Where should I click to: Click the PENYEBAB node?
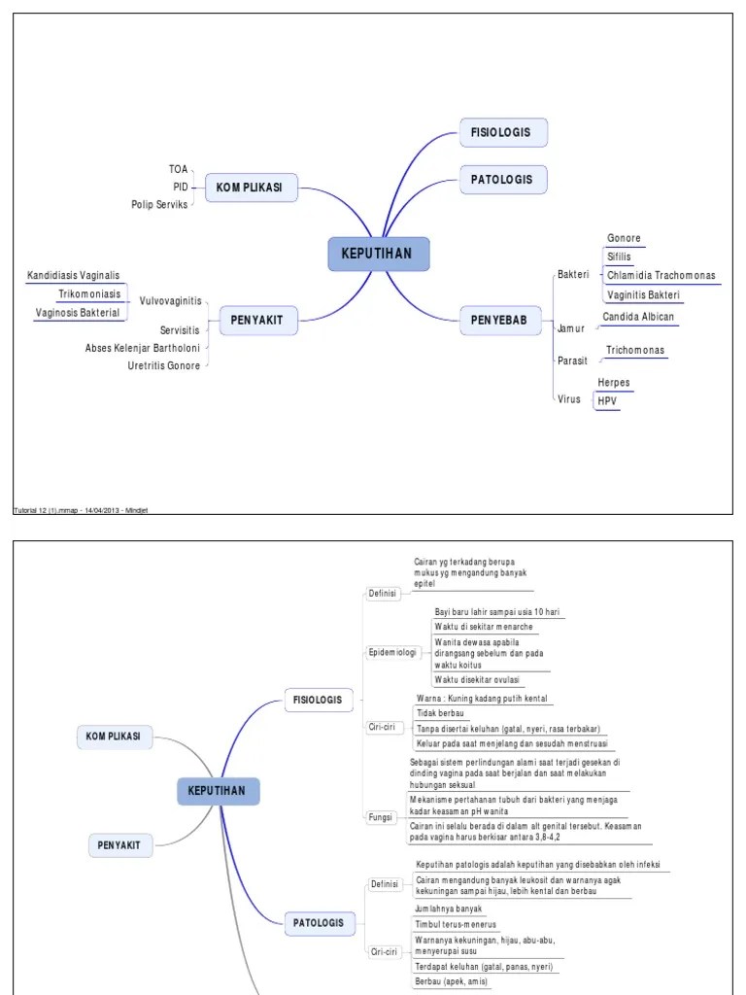[499, 320]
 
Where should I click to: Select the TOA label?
[178, 169]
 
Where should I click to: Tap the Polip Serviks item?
[159, 204]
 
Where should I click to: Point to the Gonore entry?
[624, 238]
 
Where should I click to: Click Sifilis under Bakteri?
[619, 257]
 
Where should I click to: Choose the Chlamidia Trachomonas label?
[661, 275]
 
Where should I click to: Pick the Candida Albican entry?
[638, 317]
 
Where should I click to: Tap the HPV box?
[607, 400]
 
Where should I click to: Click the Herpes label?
[614, 383]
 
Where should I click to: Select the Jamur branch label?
[571, 328]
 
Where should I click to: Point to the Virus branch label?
[569, 398]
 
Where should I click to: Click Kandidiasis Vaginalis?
[74, 276]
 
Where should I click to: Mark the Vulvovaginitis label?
[170, 301]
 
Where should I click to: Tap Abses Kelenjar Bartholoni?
[143, 348]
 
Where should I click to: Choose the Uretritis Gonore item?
[164, 365]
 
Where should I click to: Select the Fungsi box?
[381, 817]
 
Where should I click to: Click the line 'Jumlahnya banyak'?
[448, 909]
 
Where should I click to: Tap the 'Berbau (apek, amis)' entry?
[452, 982]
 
